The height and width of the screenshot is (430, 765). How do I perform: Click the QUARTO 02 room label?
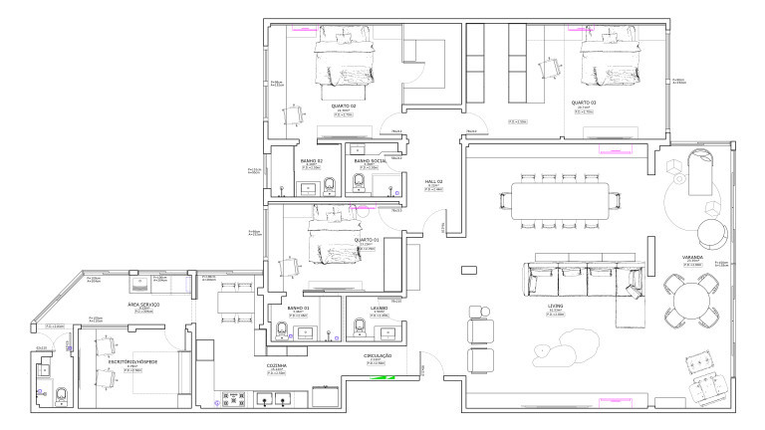(344, 104)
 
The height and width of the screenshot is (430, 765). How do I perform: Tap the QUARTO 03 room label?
(584, 103)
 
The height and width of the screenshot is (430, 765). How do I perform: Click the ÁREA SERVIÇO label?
(143, 304)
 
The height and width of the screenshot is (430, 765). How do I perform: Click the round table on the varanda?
(691, 302)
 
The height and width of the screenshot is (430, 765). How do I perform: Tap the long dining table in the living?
(561, 196)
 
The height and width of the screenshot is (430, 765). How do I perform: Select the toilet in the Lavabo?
(360, 325)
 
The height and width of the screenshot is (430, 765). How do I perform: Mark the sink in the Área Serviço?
(157, 283)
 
